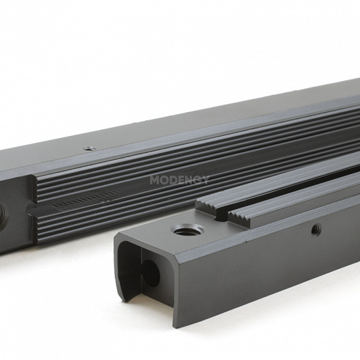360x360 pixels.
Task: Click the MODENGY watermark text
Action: click(x=179, y=180)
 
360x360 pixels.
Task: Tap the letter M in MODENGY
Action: click(x=154, y=180)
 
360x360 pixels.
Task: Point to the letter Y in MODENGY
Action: click(x=205, y=180)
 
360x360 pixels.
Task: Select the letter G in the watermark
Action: click(x=196, y=180)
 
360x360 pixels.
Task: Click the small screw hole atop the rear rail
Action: click(x=88, y=148)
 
